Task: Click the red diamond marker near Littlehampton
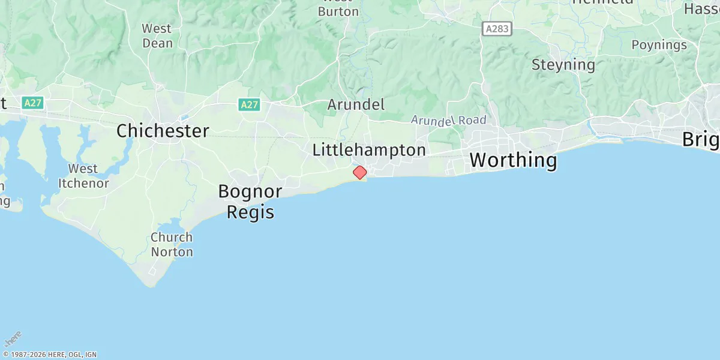[360, 173]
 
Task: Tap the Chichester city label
[163, 131]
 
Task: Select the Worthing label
[513, 160]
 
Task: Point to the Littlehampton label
[369, 150]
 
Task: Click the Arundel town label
[356, 104]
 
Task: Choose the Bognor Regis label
[250, 202]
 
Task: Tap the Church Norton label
[172, 244]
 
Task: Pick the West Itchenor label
[83, 176]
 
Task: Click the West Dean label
[157, 36]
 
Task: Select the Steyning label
[563, 65]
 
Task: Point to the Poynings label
[659, 45]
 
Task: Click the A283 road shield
[497, 28]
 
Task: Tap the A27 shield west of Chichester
[32, 103]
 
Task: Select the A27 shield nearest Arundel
[249, 105]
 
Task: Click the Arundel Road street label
[448, 121]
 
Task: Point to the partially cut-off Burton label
[338, 11]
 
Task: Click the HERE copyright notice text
[49, 355]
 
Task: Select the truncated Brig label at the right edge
[701, 140]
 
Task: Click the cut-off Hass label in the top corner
[701, 8]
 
